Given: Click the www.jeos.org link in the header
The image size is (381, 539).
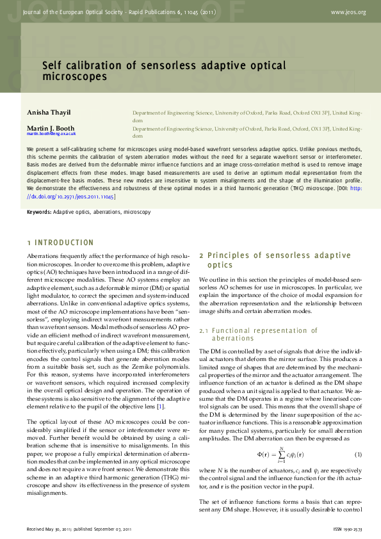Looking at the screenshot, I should tap(348, 12).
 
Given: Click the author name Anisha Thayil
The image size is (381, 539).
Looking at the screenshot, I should tap(49, 113).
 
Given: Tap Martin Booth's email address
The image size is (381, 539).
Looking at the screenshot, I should tap(51, 134).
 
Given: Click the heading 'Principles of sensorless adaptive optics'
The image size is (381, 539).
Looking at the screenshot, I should tap(275, 260).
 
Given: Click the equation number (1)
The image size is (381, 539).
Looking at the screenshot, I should tap(359, 455).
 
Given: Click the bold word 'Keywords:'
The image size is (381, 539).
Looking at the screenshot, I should tap(39, 211).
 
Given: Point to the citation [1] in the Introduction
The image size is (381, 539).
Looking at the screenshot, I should tap(161, 406).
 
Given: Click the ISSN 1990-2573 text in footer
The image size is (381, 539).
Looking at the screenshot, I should tap(348, 530).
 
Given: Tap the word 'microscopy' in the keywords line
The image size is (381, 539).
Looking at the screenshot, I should tap(138, 211).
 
